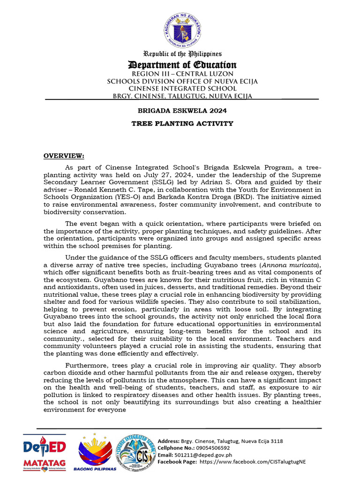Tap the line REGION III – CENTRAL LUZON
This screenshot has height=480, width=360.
[x=182, y=74]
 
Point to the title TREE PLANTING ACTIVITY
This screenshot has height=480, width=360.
[x=182, y=123]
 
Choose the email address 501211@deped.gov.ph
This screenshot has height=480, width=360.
[x=203, y=455]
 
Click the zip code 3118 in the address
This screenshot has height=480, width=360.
[x=277, y=441]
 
